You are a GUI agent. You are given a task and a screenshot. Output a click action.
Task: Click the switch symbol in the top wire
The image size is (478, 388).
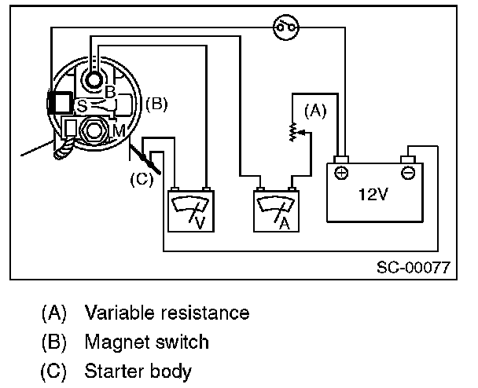pyautogui.click(x=285, y=27)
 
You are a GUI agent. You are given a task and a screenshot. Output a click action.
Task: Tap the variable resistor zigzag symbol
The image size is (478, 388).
pyautogui.click(x=293, y=132)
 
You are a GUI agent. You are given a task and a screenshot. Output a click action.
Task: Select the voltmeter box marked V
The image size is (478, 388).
pyautogui.click(x=191, y=211)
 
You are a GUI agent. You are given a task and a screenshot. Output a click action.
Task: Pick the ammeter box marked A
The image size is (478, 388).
pyautogui.click(x=276, y=211)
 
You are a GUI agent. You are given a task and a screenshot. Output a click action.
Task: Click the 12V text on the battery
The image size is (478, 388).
pyautogui.click(x=373, y=194)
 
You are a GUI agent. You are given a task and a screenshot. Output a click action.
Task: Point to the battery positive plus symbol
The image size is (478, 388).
pyautogui.click(x=341, y=173)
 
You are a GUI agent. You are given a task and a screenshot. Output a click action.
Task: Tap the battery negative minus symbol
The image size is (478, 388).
pyautogui.click(x=408, y=173)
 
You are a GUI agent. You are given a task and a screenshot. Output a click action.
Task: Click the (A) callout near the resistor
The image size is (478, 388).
pyautogui.click(x=315, y=111)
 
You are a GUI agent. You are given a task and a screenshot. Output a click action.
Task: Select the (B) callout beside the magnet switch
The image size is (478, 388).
pyautogui.click(x=156, y=104)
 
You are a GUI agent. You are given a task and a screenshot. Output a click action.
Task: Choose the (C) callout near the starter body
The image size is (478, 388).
pyautogui.click(x=142, y=179)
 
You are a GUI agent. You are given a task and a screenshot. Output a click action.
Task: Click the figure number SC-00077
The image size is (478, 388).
pyautogui.click(x=414, y=267)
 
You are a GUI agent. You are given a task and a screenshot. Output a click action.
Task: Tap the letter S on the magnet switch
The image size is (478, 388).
pyautogui.click(x=82, y=106)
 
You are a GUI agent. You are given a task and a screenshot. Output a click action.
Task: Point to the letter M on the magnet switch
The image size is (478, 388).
pyautogui.click(x=119, y=131)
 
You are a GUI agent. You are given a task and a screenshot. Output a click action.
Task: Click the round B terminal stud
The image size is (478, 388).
pyautogui.click(x=94, y=80)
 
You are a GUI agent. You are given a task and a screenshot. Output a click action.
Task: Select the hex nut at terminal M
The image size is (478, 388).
pyautogui.click(x=94, y=130)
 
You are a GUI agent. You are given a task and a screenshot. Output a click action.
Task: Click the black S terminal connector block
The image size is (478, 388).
pyautogui.click(x=61, y=103)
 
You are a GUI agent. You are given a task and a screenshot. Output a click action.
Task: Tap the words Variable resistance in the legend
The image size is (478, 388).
pyautogui.click(x=167, y=313)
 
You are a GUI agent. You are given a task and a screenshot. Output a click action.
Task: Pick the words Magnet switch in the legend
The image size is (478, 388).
pyautogui.click(x=147, y=342)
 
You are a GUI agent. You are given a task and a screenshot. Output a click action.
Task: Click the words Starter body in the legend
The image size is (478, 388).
pyautogui.click(x=138, y=372)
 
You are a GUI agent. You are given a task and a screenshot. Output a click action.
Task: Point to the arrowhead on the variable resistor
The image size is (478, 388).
pyautogui.click(x=300, y=133)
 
